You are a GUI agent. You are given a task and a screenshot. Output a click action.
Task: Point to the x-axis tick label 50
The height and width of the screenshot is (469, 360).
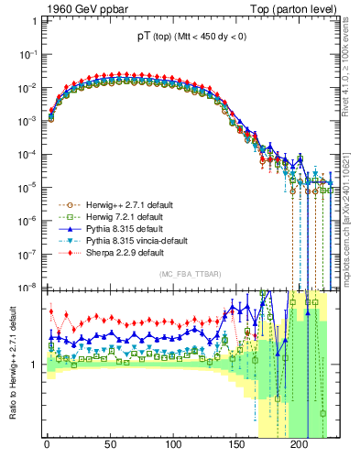click(110, 445)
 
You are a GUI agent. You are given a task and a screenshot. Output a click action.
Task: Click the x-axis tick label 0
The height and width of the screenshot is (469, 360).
click(47, 445)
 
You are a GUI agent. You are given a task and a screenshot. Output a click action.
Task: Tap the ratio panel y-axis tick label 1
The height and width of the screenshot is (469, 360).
click(34, 365)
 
